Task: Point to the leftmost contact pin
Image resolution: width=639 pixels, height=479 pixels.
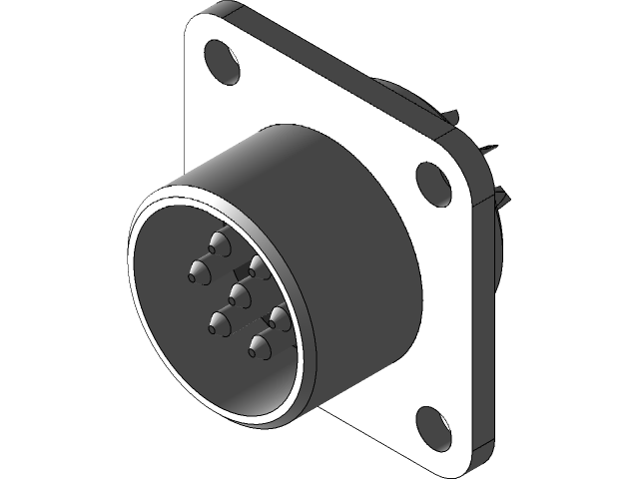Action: [x=195, y=268]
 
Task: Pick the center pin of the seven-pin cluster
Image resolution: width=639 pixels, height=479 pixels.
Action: [x=238, y=291]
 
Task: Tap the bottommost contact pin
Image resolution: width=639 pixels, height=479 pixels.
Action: [x=259, y=347]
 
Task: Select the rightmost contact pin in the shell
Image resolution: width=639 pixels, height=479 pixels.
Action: [x=279, y=316]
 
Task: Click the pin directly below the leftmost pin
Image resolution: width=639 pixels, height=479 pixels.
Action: [x=217, y=321]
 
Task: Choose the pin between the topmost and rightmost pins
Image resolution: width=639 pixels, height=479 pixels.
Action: [x=258, y=264]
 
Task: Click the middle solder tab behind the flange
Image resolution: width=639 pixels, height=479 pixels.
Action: [x=487, y=152]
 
